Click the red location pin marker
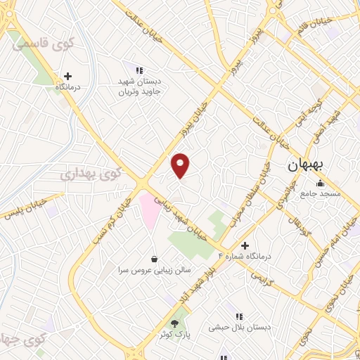pyautogui.click(x=181, y=165)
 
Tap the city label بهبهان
pyautogui.click(x=305, y=167)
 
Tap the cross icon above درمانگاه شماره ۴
pyautogui.click(x=245, y=245)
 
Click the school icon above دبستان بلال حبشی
pyautogui.click(x=239, y=316)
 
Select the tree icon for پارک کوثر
pyautogui.click(x=176, y=322)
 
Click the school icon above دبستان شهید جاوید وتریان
pyautogui.click(x=140, y=70)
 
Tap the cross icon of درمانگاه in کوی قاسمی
pyautogui.click(x=67, y=76)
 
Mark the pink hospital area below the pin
pyautogui.click(x=150, y=211)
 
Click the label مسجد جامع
pyautogui.click(x=321, y=193)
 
